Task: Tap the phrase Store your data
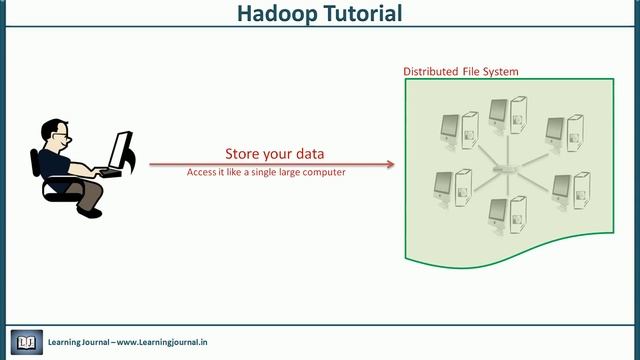(274, 154)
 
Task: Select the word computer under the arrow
(322, 172)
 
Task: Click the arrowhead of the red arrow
(392, 163)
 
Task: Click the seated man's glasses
(61, 134)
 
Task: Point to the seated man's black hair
(51, 127)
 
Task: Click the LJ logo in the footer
(26, 342)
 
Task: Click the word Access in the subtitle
(201, 172)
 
